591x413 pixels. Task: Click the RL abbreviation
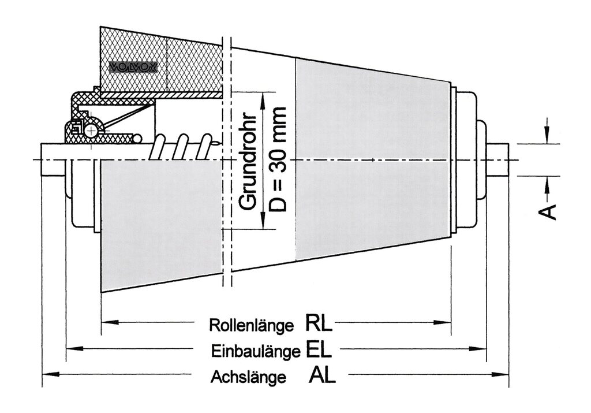(x=319, y=323)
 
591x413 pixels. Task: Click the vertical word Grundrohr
(x=248, y=158)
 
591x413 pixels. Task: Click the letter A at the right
(x=551, y=211)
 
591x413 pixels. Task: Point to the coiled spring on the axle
(x=182, y=147)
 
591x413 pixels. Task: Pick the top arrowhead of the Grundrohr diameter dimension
(x=263, y=99)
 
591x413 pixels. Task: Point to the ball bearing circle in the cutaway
(x=91, y=131)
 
